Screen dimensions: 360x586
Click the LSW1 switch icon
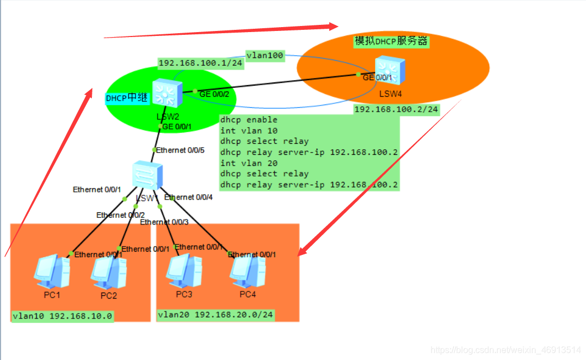[147, 176]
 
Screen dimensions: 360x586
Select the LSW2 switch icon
[167, 93]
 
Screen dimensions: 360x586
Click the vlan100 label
[265, 55]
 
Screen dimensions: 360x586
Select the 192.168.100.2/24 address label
[396, 109]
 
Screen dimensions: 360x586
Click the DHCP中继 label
[127, 98]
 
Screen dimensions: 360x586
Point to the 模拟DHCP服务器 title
[391, 41]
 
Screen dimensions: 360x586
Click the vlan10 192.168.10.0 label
[63, 316]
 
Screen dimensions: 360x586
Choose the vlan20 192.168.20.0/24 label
[216, 315]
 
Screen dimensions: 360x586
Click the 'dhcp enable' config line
[249, 120]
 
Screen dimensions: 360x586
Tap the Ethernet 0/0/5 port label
[180, 150]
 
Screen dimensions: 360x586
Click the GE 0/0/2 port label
[214, 94]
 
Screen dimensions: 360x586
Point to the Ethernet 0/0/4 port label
[189, 197]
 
